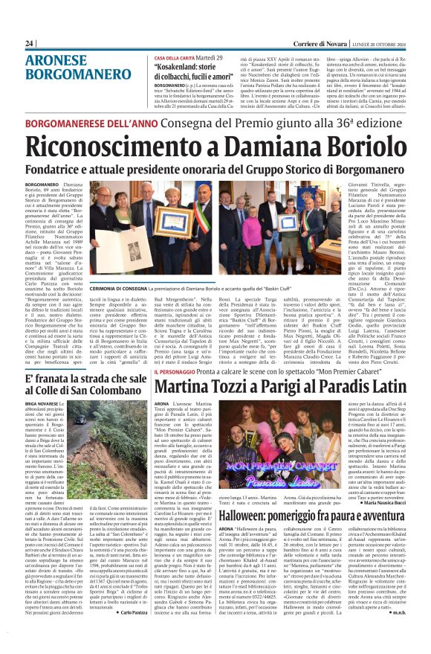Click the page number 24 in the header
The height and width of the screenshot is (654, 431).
30,44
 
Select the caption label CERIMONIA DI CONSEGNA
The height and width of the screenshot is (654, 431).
120,287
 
